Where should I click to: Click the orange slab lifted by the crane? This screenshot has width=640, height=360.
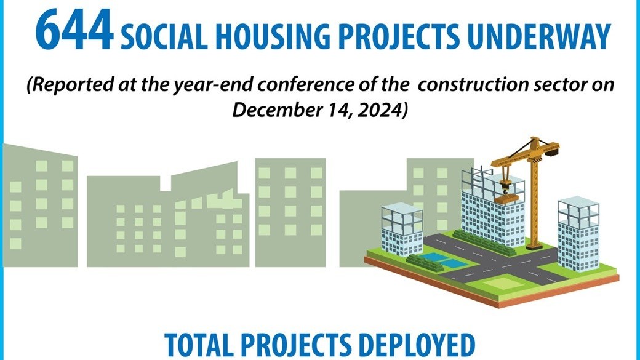pos(506,197)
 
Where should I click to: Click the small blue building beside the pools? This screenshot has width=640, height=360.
pos(401,231)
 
